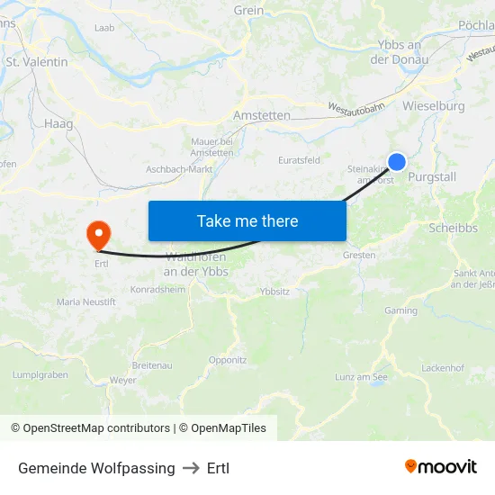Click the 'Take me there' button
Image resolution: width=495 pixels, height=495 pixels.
point(247,220)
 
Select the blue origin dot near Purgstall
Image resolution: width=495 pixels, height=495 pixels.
point(396,162)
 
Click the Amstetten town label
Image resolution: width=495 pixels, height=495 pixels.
point(261,116)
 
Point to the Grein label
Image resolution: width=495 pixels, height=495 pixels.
point(248,11)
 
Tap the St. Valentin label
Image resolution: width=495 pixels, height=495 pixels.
point(37,62)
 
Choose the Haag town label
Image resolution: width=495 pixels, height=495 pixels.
point(58,123)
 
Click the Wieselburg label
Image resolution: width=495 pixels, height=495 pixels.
point(434,106)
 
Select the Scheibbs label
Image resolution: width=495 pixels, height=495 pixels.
point(454,228)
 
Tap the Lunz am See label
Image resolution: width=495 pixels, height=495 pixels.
point(361,377)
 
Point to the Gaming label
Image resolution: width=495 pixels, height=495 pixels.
point(400,310)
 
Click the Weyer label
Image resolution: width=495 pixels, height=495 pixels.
point(122,381)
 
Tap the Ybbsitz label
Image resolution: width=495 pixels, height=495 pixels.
point(274,292)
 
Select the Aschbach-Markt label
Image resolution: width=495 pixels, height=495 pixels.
point(180,169)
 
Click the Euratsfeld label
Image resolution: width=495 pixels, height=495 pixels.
point(300,160)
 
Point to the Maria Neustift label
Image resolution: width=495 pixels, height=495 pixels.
point(86,302)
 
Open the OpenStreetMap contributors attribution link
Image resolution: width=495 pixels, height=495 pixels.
point(90,428)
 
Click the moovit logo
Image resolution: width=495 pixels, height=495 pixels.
point(441,467)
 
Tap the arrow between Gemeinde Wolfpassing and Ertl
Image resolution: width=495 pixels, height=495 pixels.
point(191,469)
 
